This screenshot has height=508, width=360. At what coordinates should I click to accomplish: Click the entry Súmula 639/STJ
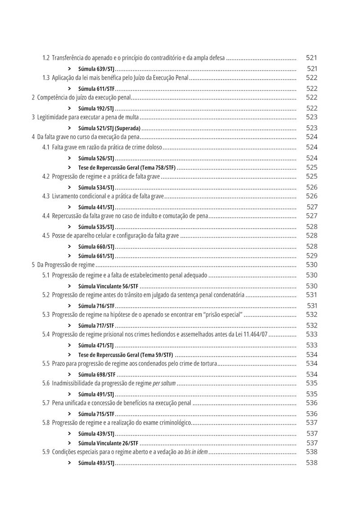(x=96, y=69)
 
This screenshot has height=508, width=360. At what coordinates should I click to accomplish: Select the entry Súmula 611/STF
(x=96, y=89)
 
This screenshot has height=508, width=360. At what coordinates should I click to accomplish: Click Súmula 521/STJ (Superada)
(x=109, y=128)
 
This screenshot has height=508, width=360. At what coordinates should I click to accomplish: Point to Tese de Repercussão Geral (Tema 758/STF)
(x=127, y=168)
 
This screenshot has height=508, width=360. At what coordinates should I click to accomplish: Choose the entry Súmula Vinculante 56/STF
(x=108, y=286)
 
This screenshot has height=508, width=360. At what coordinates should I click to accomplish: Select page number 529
(x=312, y=256)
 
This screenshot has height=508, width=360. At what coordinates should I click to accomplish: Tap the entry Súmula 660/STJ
(x=96, y=247)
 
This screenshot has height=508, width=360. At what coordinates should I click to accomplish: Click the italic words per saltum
(x=164, y=383)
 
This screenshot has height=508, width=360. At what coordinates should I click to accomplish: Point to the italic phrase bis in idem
(x=196, y=452)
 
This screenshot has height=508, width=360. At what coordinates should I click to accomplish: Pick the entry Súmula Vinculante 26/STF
(x=108, y=443)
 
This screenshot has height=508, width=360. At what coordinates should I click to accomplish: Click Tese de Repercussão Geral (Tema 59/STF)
(x=126, y=355)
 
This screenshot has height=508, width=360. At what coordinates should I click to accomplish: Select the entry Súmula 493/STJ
(x=96, y=463)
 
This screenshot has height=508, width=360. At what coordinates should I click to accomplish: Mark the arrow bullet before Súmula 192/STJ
(x=69, y=108)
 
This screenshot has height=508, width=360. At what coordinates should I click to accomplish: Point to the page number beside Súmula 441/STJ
(x=312, y=207)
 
